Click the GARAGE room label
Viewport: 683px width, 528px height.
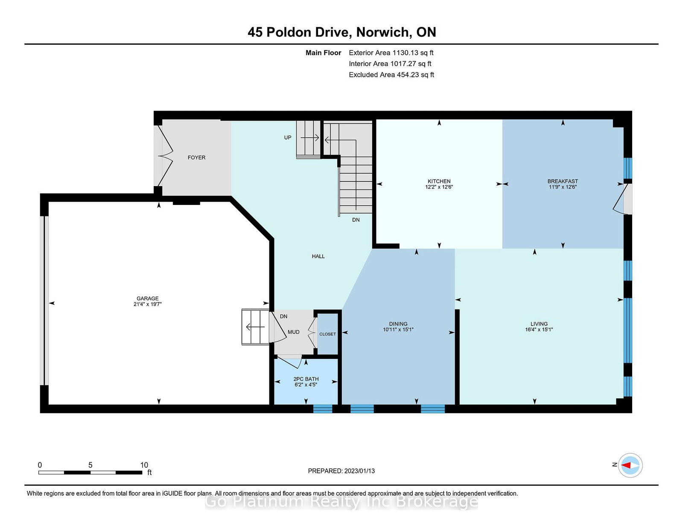point(147,298)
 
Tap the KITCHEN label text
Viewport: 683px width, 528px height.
point(439,181)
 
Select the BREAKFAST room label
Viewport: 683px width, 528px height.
point(563,181)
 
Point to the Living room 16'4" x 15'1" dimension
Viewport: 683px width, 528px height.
point(539,330)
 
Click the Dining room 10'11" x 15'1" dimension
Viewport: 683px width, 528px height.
point(398,330)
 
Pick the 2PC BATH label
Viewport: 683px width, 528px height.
point(306,379)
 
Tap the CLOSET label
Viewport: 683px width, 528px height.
point(327,334)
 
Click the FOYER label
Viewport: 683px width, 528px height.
point(196,158)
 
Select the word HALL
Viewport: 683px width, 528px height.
point(318,257)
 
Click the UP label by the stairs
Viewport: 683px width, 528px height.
point(288,137)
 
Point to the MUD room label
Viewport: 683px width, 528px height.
point(294,332)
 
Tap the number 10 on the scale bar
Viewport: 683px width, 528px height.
point(144,465)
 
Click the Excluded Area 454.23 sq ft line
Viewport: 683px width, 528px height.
point(391,75)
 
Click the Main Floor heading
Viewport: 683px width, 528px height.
point(323,53)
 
